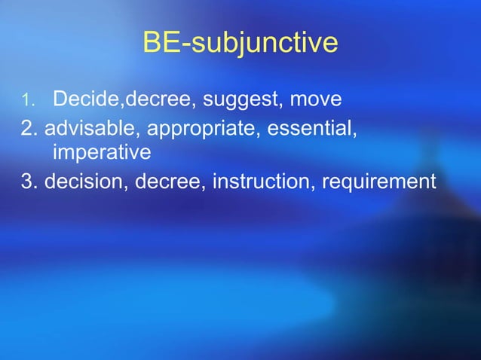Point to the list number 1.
point(26,100)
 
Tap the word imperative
point(102,154)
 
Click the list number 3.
point(30,182)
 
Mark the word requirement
point(378,182)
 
